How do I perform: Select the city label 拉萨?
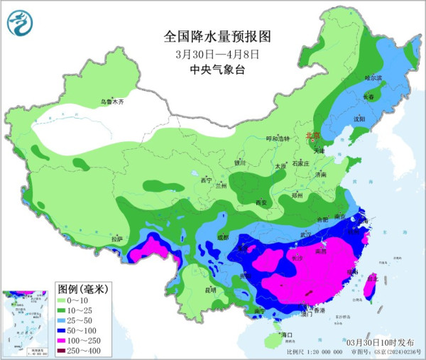117,239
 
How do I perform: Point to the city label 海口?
288,334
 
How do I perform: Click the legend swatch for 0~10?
66,300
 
